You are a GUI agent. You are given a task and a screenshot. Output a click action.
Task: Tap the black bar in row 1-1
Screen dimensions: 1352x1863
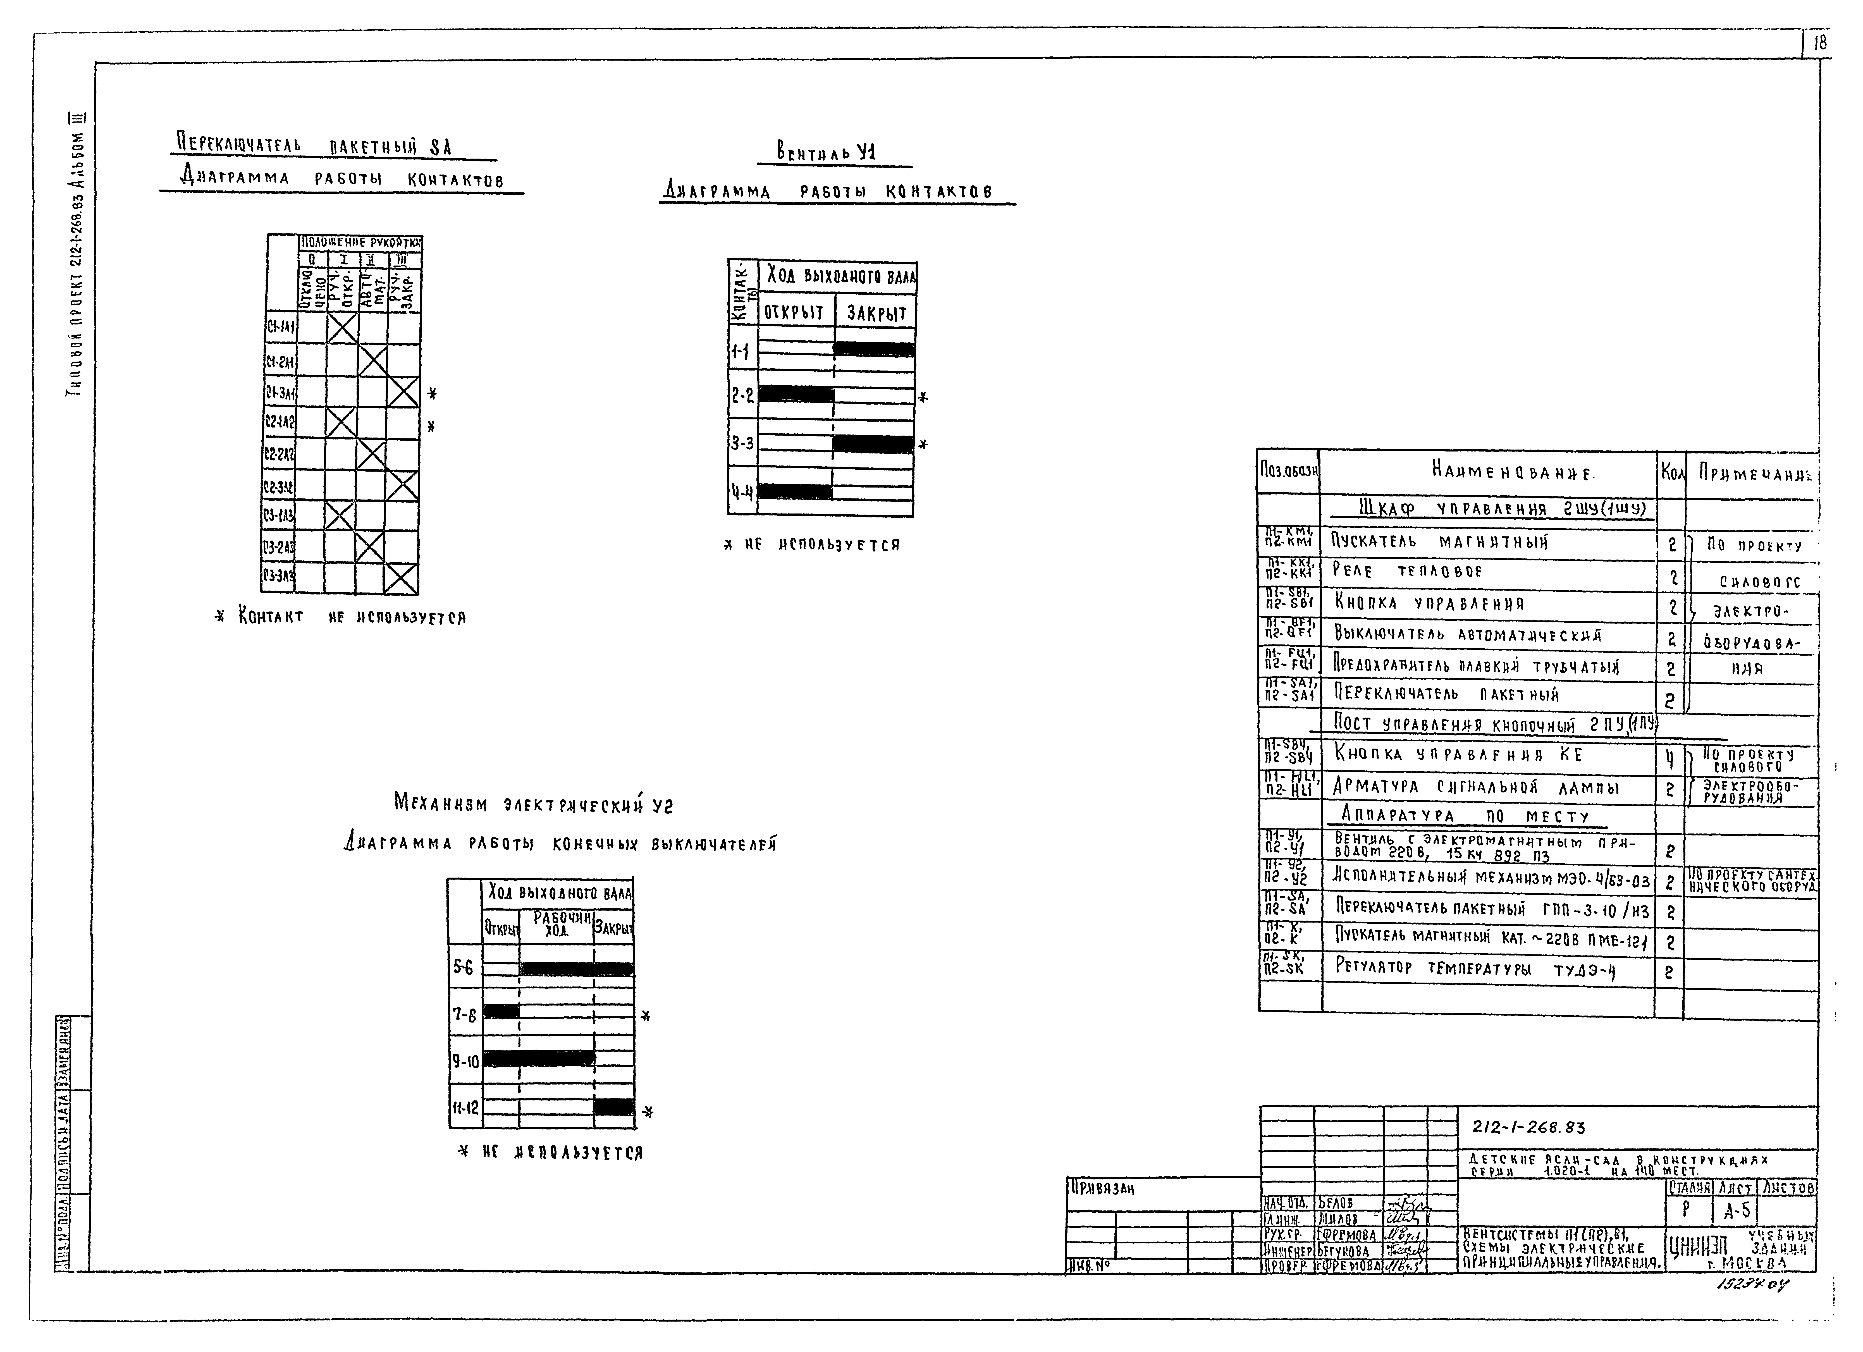tap(874, 349)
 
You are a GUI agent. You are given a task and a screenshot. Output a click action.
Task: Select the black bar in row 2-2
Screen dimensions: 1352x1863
tap(795, 394)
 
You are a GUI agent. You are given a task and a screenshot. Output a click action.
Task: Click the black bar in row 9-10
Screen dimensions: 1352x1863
tap(538, 1058)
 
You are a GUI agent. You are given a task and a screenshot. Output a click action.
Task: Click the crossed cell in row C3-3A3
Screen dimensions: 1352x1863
tap(402, 579)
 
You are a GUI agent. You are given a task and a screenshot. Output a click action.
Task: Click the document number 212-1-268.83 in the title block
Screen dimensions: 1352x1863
tap(1528, 1128)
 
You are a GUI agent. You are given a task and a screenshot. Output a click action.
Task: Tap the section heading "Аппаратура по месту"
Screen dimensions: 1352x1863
tap(1465, 816)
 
